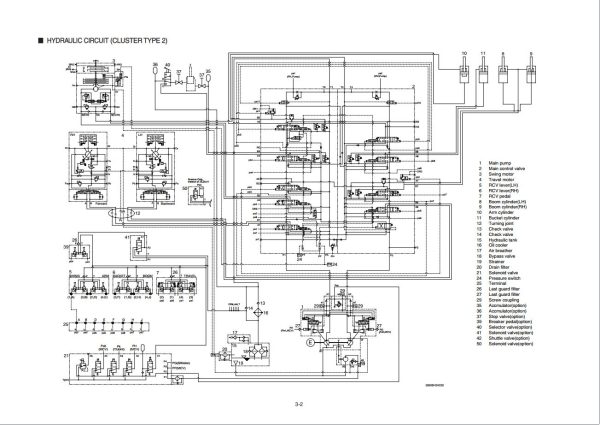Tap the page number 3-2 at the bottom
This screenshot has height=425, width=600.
298,403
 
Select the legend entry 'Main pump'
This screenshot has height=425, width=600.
500,134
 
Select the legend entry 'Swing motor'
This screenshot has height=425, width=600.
502,147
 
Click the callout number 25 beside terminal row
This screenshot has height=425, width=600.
66,325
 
